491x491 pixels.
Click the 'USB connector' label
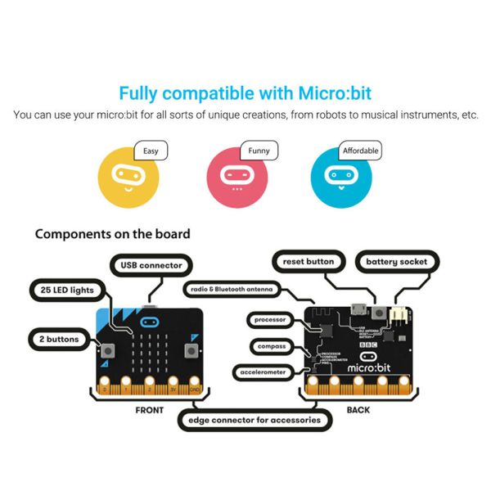coord(151,265)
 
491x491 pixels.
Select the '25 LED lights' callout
coord(67,290)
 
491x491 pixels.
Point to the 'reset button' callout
coord(308,262)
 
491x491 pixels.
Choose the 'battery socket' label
coord(397,262)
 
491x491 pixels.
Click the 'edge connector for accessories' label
coord(255,421)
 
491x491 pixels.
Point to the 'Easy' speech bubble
coord(151,151)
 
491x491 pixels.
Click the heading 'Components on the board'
coord(112,234)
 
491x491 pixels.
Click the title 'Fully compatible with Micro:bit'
coord(245,92)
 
